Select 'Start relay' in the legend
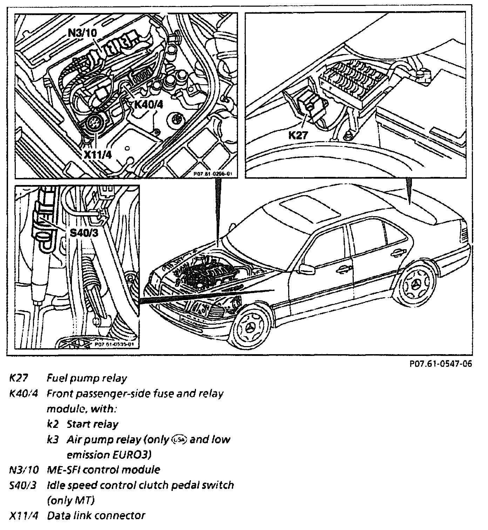tap(93, 424)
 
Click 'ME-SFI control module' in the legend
tap(103, 470)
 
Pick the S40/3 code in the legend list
tap(23, 485)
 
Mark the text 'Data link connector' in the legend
tap(96, 515)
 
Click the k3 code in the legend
tap(52, 439)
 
